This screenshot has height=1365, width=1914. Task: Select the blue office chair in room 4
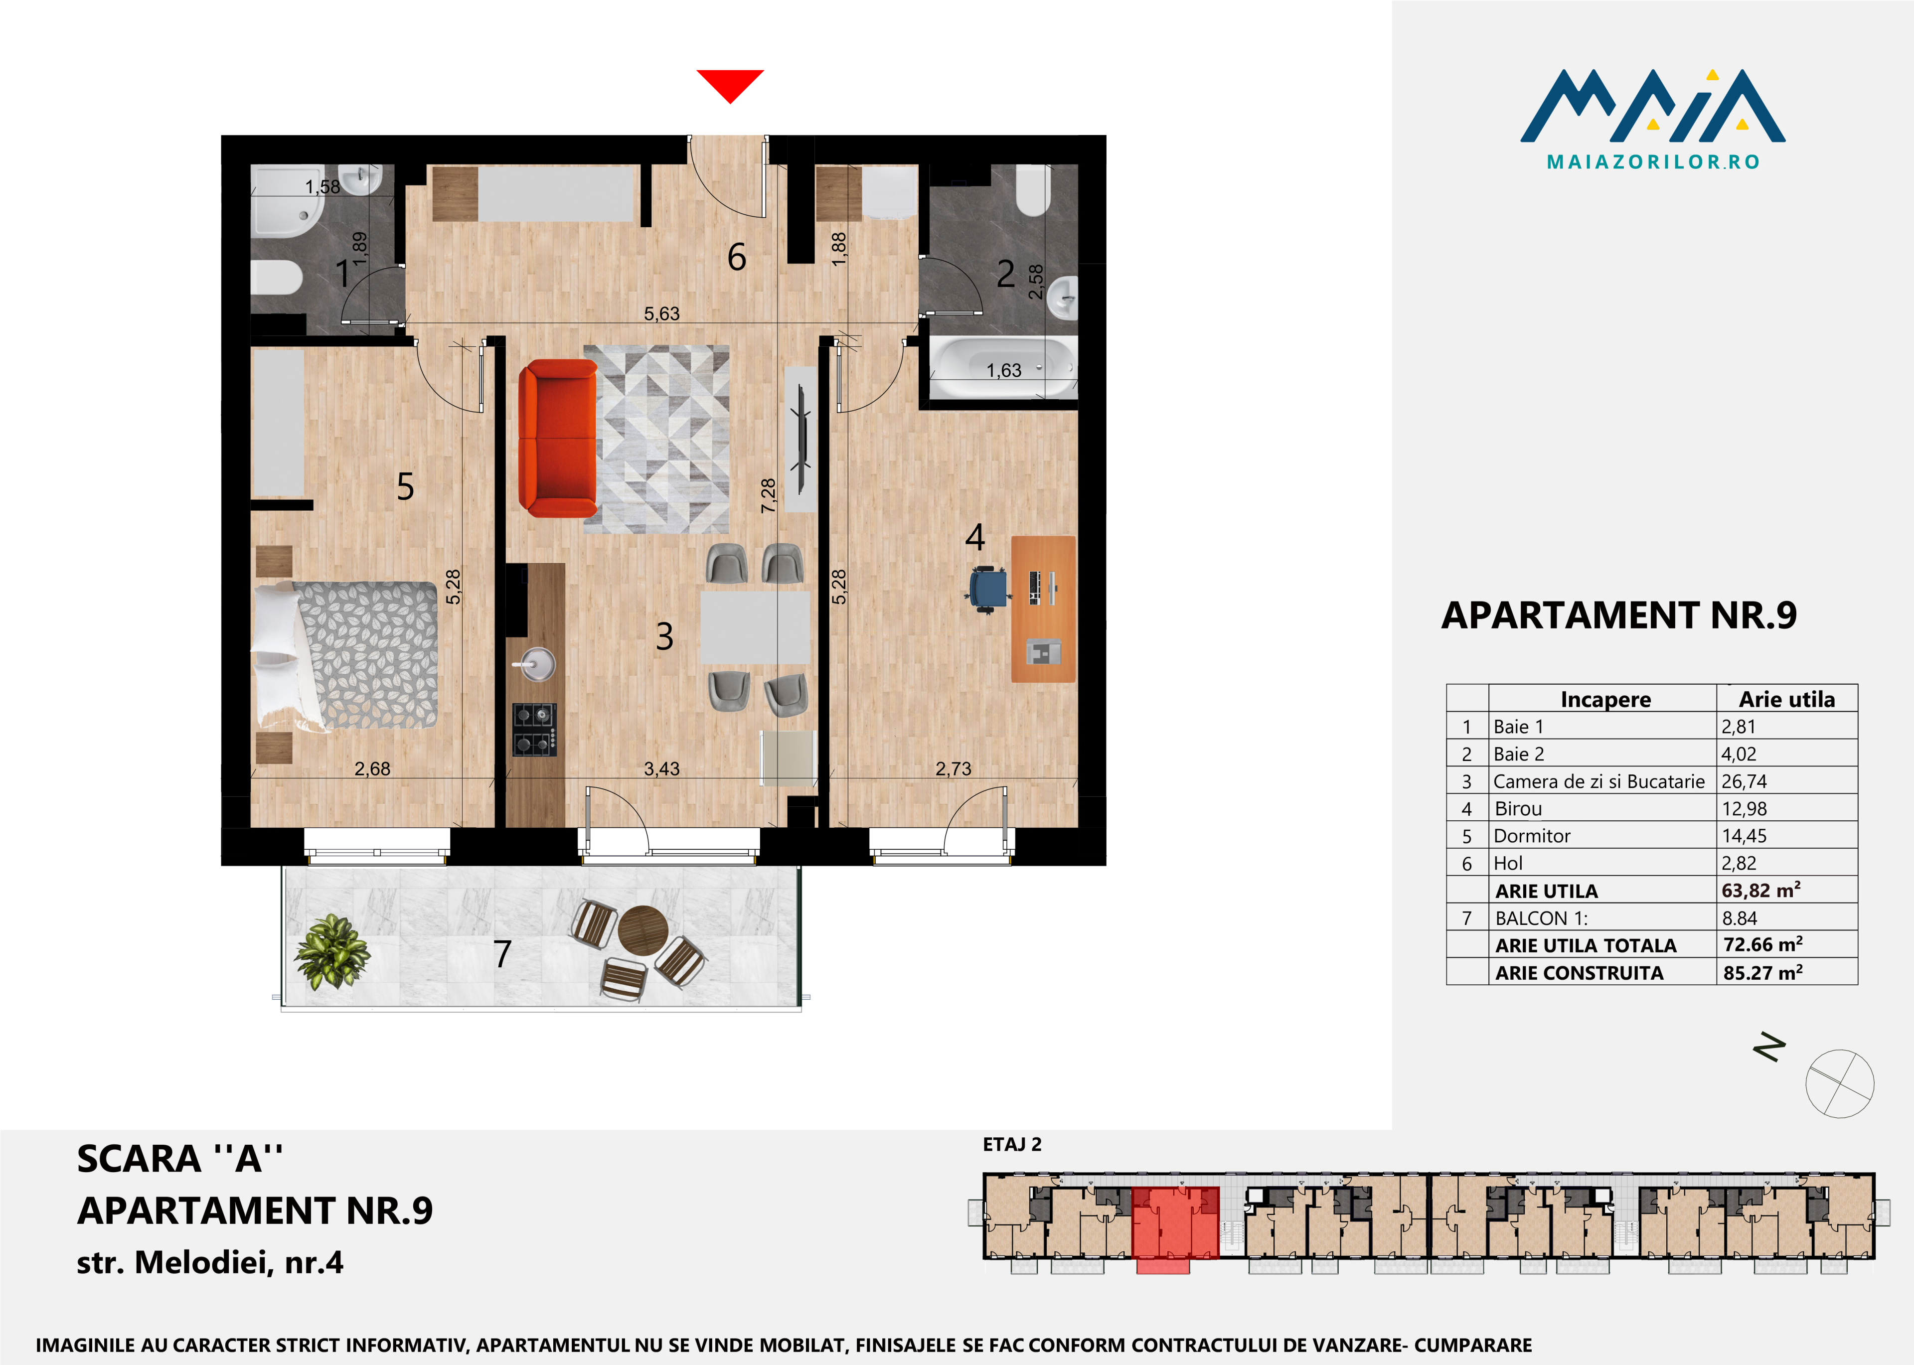pos(988,589)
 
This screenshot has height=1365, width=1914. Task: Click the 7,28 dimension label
pos(768,496)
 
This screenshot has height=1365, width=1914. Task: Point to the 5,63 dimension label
pos(661,313)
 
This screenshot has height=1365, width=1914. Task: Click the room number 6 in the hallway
pos(736,257)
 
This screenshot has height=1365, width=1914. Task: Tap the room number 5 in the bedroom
pos(405,487)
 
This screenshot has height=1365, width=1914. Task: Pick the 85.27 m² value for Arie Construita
pos(1762,972)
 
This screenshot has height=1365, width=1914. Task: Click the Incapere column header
pos(1605,699)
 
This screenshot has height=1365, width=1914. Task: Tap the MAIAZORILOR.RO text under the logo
pos(1653,161)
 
